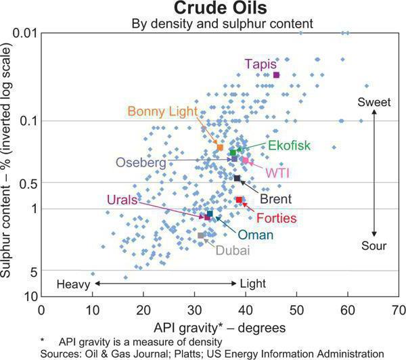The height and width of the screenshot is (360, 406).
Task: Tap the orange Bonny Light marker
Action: (220, 147)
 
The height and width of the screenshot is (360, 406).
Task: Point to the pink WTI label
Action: (277, 173)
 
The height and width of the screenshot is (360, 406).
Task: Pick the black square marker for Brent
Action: (237, 178)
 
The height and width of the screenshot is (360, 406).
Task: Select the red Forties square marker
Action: (239, 200)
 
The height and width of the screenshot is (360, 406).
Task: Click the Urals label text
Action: (122, 200)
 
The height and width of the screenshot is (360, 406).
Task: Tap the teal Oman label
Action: (255, 235)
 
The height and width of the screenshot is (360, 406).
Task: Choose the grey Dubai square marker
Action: (201, 235)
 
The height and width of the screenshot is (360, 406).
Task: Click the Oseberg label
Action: (140, 162)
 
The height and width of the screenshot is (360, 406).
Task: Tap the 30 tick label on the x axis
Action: (194, 310)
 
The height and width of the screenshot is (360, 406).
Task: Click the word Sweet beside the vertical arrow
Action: (374, 102)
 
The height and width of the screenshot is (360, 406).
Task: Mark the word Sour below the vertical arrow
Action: (374, 246)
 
